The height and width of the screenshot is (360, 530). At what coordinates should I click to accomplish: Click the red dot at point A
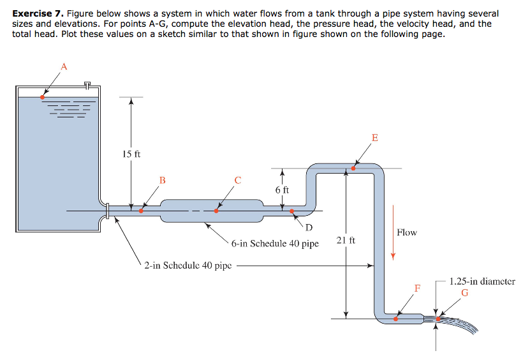coord(42,97)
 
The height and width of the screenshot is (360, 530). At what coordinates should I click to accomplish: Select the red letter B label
coord(162,180)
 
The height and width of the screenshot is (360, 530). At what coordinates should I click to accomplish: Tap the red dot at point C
coord(216,211)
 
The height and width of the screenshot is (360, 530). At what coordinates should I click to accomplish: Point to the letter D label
coord(309,228)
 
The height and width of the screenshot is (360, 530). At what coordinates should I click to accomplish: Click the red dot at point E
coord(353,169)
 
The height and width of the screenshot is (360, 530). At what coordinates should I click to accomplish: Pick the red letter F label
coord(417,288)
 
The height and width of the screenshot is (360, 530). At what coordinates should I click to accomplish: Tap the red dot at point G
coord(438,319)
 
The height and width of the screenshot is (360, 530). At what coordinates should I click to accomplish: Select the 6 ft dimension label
coord(282,190)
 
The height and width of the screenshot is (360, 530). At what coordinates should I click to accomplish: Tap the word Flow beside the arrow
coord(406,232)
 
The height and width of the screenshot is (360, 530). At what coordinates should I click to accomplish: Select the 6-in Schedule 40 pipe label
coord(275,243)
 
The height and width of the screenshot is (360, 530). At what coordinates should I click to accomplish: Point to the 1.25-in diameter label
coord(482,281)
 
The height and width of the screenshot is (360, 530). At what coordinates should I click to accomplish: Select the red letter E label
coord(374,137)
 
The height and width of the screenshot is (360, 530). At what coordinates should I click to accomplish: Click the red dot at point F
coord(395,318)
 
